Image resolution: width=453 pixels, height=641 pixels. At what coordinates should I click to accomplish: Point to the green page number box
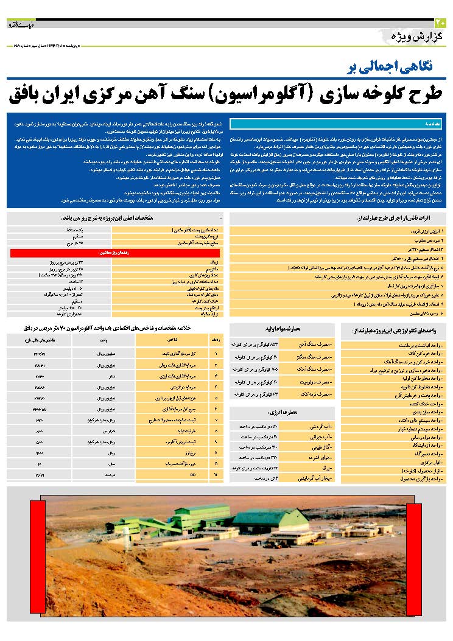[x=441, y=23]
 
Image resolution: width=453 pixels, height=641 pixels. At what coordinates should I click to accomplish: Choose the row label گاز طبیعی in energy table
[x=319, y=447]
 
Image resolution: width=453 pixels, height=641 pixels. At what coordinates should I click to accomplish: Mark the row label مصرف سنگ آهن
[x=316, y=344]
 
